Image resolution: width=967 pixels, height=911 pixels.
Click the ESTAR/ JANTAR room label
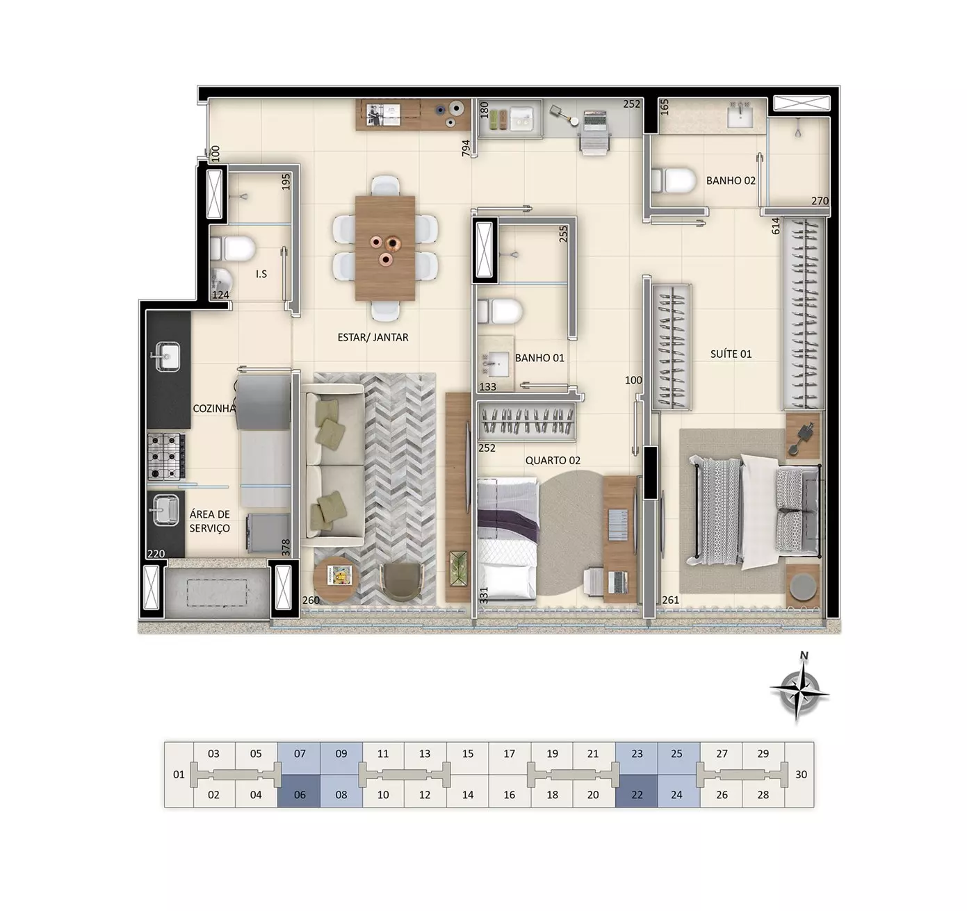[x=373, y=337]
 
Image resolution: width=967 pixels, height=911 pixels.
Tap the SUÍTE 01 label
[x=731, y=354]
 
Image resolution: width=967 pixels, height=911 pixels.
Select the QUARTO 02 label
[x=553, y=460]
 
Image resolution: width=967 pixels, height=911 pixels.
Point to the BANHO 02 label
[x=731, y=181]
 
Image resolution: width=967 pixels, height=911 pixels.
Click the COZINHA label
[x=214, y=409]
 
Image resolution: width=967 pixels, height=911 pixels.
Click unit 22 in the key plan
[x=637, y=795]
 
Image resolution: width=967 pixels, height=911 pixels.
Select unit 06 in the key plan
[x=300, y=795]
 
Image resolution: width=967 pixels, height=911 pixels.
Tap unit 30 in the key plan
[x=801, y=774]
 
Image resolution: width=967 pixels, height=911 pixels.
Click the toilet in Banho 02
[x=674, y=181]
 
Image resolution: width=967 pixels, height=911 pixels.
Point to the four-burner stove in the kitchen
[x=167, y=457]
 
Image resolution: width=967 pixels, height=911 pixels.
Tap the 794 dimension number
[x=466, y=149]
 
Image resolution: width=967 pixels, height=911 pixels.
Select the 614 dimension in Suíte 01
[x=776, y=226]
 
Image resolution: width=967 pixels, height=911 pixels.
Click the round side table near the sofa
[x=336, y=578]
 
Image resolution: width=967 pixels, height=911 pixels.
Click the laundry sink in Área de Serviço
[x=166, y=510]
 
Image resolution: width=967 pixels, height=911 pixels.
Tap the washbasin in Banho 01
[x=496, y=363]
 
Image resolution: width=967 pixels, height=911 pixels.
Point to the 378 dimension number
[x=286, y=548]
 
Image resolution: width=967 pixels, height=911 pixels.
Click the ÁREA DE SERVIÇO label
[x=209, y=521]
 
